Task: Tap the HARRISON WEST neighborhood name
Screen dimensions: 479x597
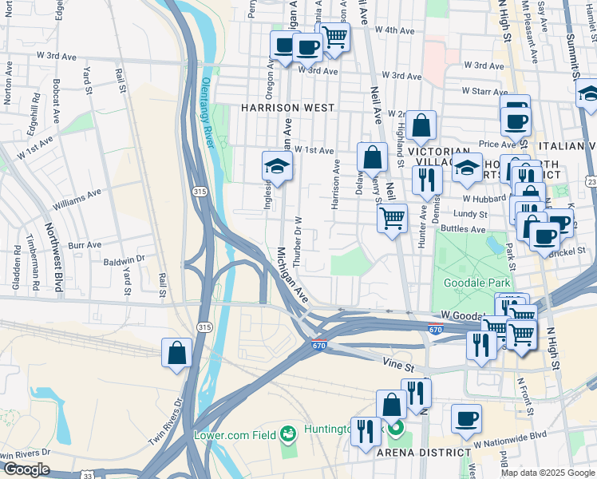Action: pos(283,107)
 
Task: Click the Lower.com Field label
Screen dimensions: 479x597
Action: pos(235,435)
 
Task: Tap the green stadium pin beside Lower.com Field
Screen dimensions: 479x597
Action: pos(287,435)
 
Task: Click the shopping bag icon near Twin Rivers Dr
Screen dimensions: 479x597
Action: pos(176,353)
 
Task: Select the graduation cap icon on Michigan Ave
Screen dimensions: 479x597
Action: pos(277,166)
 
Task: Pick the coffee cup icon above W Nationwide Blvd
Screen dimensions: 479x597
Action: pos(466,418)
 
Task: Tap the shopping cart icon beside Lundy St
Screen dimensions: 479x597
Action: pos(391,218)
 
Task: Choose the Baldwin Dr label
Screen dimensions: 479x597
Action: pos(124,259)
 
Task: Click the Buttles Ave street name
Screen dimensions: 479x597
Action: pos(462,229)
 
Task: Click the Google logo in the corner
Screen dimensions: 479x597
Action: pos(26,469)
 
